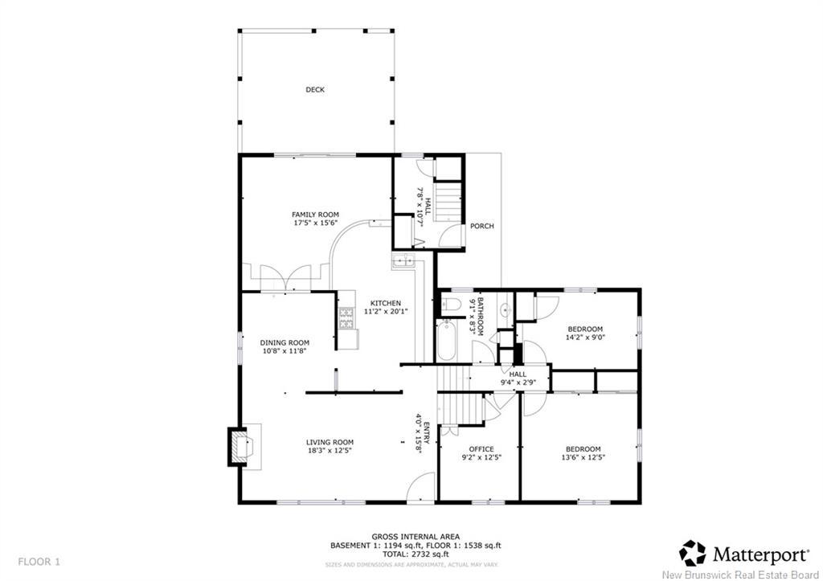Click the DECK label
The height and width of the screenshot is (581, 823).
pyautogui.click(x=315, y=90)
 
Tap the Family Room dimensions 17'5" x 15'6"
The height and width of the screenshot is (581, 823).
pyautogui.click(x=315, y=223)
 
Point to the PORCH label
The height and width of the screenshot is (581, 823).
pyautogui.click(x=482, y=226)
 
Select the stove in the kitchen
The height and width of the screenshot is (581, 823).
pyautogui.click(x=347, y=319)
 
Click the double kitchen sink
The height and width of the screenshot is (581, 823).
pyautogui.click(x=402, y=260)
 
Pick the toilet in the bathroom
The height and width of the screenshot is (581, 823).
pyautogui.click(x=449, y=305)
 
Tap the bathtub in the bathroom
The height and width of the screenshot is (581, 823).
pyautogui.click(x=447, y=340)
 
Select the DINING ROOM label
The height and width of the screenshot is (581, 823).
pyautogui.click(x=285, y=342)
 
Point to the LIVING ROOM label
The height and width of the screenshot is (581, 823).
pyautogui.click(x=330, y=442)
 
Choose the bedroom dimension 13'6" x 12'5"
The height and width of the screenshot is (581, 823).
pyautogui.click(x=583, y=457)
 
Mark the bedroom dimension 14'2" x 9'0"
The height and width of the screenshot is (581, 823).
pyautogui.click(x=585, y=338)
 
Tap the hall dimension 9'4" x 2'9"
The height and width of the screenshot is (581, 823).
pyautogui.click(x=518, y=383)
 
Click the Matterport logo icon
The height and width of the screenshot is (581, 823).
pyautogui.click(x=693, y=553)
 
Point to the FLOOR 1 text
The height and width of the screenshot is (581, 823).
pyautogui.click(x=39, y=561)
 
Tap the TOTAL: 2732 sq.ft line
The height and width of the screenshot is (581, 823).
pyautogui.click(x=416, y=554)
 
